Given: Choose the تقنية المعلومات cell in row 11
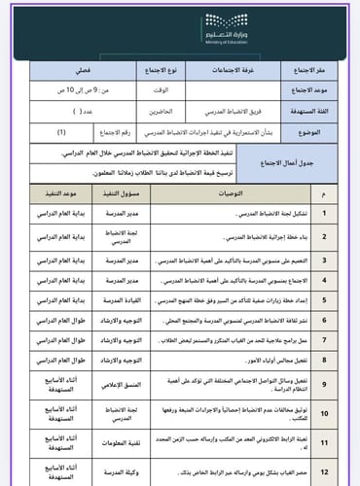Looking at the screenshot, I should (122, 443).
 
